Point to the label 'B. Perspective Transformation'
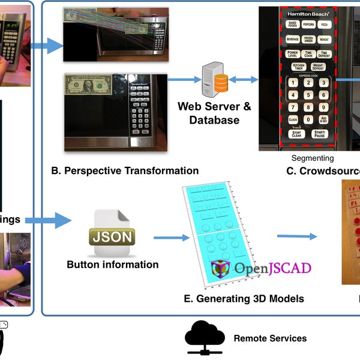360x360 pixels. click(125, 171)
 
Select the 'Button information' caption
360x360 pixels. click(113, 265)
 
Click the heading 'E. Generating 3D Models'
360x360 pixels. click(242, 298)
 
